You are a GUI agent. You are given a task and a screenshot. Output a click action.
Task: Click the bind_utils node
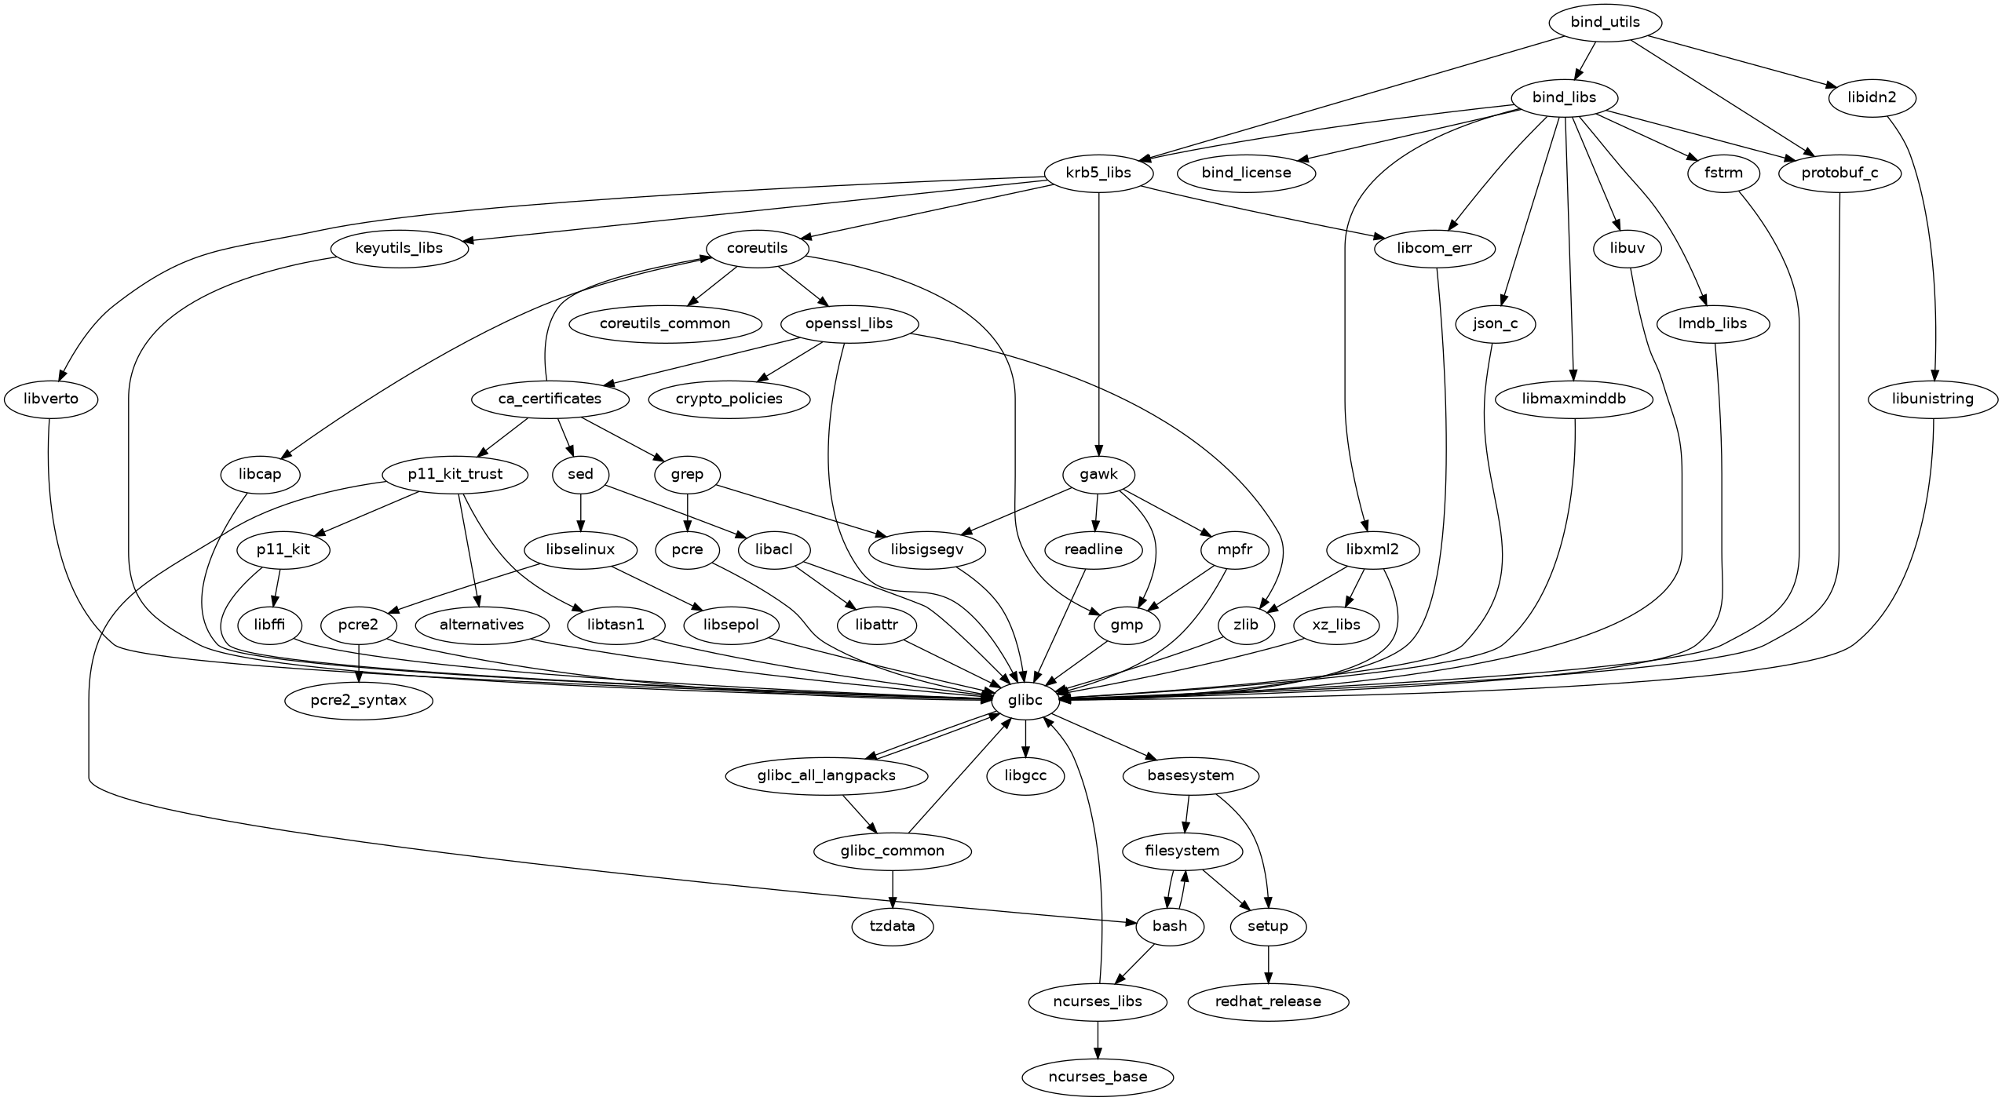pyautogui.click(x=1605, y=22)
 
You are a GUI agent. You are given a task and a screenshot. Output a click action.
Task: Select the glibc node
pyautogui.click(x=1025, y=700)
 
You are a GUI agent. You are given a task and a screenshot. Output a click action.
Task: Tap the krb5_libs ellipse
pyautogui.click(x=1098, y=173)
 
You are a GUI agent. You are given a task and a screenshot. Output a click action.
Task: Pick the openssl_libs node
pyautogui.click(x=849, y=323)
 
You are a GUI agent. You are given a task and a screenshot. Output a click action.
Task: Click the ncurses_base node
pyautogui.click(x=1098, y=1077)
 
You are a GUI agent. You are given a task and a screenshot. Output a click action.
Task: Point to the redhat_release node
pyautogui.click(x=1268, y=1001)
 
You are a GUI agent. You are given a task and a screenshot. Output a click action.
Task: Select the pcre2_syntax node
pyautogui.click(x=359, y=700)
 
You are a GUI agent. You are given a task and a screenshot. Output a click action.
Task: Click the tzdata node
pyautogui.click(x=893, y=926)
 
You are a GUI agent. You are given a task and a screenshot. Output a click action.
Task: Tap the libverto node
pyautogui.click(x=51, y=399)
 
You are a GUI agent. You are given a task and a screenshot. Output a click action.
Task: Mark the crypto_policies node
pyautogui.click(x=729, y=399)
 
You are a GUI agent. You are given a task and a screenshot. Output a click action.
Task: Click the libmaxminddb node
pyautogui.click(x=1574, y=399)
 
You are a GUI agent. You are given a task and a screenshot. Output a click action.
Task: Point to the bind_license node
pyautogui.click(x=1246, y=173)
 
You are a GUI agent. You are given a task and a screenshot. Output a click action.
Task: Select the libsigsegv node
pyautogui.click(x=927, y=549)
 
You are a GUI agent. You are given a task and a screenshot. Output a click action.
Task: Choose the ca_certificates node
pyautogui.click(x=550, y=399)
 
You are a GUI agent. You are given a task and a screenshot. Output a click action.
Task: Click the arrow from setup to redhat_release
pyautogui.click(x=1268, y=964)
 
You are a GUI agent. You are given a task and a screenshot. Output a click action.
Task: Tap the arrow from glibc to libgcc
pyautogui.click(x=1025, y=738)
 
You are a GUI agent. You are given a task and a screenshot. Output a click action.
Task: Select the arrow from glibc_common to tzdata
pyautogui.click(x=893, y=888)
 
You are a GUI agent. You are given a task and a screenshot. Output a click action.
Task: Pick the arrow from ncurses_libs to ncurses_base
pyautogui.click(x=1098, y=1039)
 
